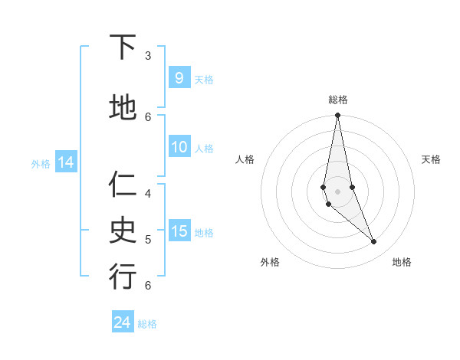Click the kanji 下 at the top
tap(123, 47)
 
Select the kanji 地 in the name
tap(123, 107)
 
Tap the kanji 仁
tap(123, 185)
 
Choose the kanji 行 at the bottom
tap(123, 277)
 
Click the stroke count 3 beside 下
tap(148, 56)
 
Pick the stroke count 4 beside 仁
tap(148, 193)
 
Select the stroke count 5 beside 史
tap(148, 239)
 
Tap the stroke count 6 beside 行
tap(148, 285)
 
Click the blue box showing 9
tap(179, 77)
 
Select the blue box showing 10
tap(179, 147)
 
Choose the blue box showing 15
tap(179, 231)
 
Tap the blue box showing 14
tap(65, 162)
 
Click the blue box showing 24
tap(123, 322)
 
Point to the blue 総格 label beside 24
tap(147, 324)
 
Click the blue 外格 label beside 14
tap(40, 163)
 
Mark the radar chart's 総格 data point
tap(337, 116)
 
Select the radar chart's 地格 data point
tap(374, 241)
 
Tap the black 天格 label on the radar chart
tap(431, 159)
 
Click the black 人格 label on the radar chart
tap(245, 159)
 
